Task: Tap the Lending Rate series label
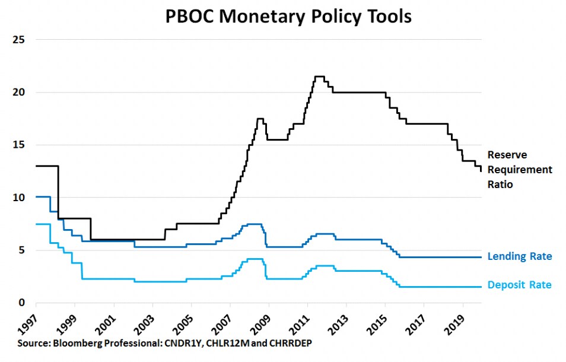[x=519, y=256]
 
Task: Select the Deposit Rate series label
[x=519, y=285]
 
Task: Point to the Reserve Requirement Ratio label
[x=519, y=169]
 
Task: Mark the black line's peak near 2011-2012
[x=319, y=76]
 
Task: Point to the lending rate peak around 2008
[x=255, y=224]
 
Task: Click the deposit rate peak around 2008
[x=255, y=259]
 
